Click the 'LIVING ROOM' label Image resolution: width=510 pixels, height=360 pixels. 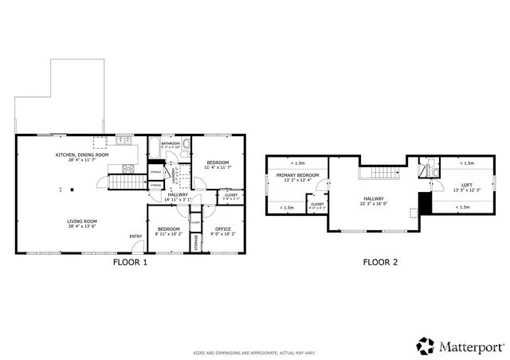pos(81,222)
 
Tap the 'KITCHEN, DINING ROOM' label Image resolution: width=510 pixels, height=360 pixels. pos(81,155)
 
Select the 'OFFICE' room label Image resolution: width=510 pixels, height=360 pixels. pos(222,230)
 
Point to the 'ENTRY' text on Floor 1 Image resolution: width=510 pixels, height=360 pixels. pos(136,235)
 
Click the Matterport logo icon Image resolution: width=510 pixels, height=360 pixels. pos(426,346)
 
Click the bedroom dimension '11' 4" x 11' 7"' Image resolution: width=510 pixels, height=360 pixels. pos(217,167)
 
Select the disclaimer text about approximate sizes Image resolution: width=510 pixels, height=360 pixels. pos(254,351)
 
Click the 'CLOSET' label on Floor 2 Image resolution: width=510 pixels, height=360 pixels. pos(317,204)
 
